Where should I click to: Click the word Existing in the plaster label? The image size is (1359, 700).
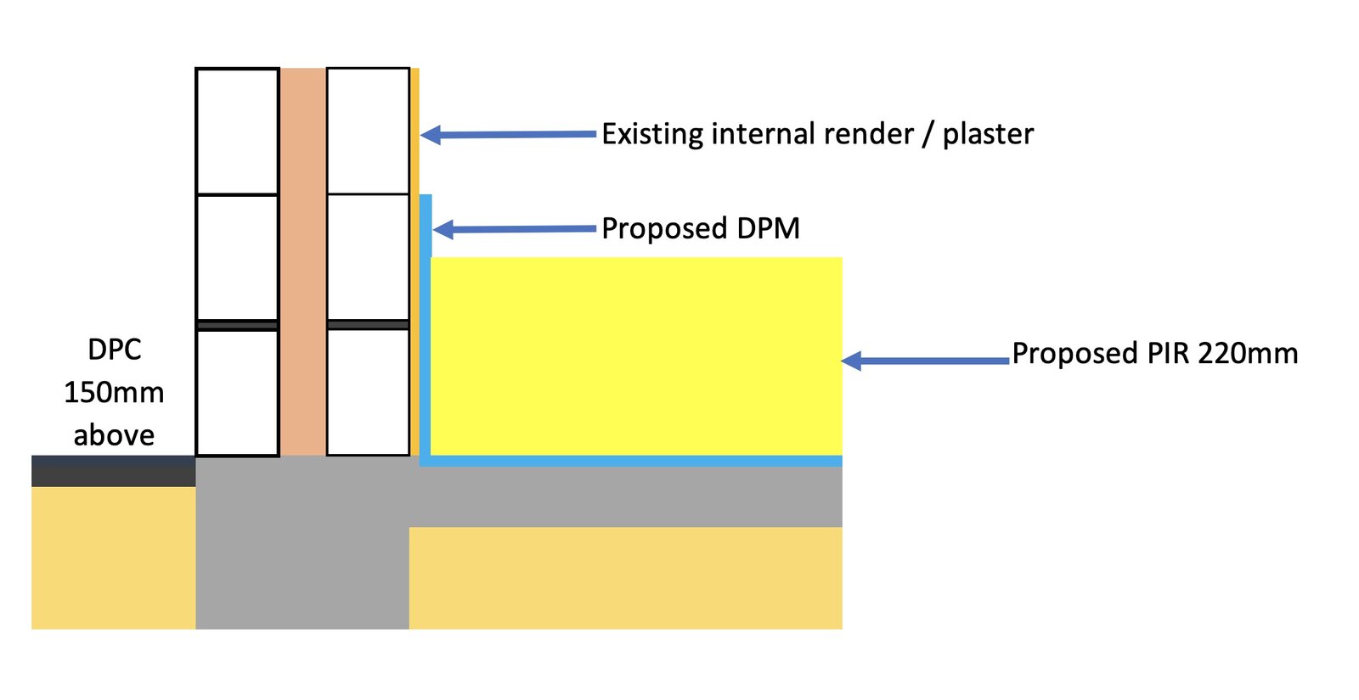pos(652,134)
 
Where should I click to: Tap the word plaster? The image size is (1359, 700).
pos(988,134)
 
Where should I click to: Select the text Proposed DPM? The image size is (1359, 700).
pos(701,228)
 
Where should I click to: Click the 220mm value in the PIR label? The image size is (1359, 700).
pos(1248,353)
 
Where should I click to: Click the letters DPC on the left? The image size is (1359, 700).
pos(114,350)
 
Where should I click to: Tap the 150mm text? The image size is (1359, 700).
pos(114,392)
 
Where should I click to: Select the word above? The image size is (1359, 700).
pos(114,435)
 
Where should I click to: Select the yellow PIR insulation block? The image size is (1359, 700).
pos(636,356)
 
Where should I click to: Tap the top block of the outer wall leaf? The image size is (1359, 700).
pos(238,132)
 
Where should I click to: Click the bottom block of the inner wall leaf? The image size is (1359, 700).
pos(368,392)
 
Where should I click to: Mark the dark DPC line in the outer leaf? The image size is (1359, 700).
pos(238,325)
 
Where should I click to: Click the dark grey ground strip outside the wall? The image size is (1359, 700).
pos(113,471)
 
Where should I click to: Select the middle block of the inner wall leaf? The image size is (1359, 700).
pos(368,257)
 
